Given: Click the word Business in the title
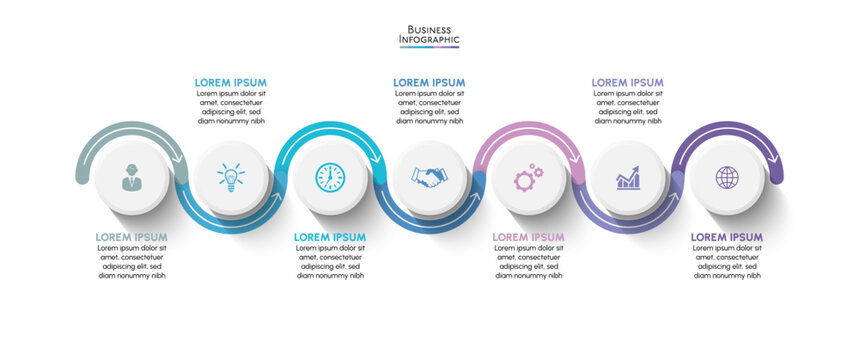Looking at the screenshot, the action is click(x=429, y=29).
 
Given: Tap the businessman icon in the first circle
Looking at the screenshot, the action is click(x=131, y=178).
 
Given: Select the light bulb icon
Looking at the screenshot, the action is click(x=230, y=178).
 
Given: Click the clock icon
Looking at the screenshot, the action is click(x=329, y=178).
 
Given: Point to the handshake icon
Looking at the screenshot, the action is click(x=429, y=178).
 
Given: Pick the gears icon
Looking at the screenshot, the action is click(x=528, y=178).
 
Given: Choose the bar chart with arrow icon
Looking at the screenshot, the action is click(x=627, y=178).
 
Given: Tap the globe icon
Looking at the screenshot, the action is click(x=727, y=178).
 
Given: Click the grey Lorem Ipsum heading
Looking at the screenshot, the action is click(x=131, y=237).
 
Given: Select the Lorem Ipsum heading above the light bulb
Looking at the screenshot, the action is click(x=230, y=82).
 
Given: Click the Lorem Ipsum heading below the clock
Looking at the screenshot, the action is click(x=330, y=237).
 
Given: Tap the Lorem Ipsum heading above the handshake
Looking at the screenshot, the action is click(x=429, y=82).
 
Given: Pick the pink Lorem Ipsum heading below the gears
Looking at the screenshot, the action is click(x=529, y=237).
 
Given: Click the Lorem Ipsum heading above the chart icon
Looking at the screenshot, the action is click(x=627, y=82).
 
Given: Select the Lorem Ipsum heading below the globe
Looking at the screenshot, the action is click(x=727, y=237).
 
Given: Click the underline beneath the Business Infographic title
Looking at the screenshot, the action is click(x=429, y=47).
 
